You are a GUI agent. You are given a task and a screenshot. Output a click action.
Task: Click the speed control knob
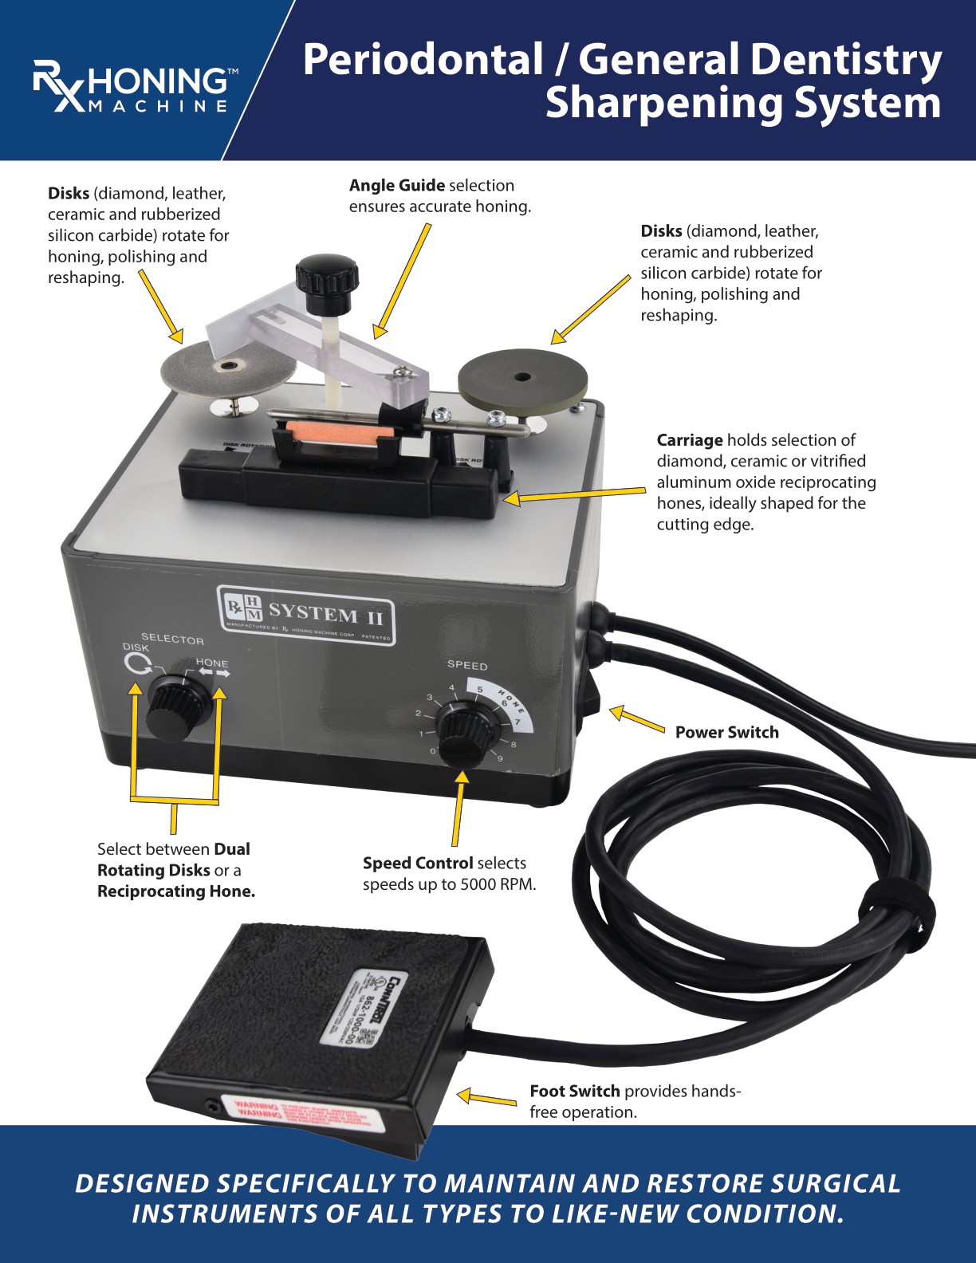466,731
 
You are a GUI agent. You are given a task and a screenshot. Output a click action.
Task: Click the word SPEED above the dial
466,665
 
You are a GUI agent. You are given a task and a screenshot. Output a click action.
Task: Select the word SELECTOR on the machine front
172,639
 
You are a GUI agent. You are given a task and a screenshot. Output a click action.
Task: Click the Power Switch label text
726,732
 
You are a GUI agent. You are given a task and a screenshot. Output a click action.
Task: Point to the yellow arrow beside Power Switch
636,718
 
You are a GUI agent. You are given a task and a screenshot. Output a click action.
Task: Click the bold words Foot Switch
574,1091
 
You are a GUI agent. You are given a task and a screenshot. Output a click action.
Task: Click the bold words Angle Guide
396,185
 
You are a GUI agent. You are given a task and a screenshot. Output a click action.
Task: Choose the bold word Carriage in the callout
689,440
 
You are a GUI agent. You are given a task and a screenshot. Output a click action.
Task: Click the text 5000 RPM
498,884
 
